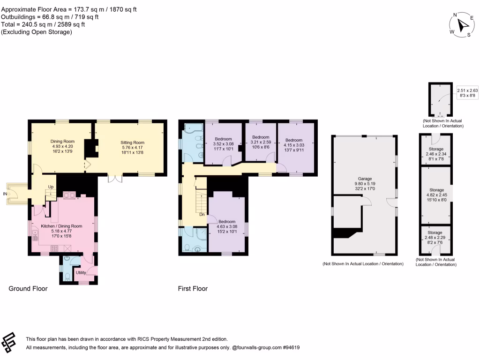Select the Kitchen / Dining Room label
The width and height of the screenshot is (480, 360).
tap(61, 226)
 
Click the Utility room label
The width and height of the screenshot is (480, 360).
tap(81, 272)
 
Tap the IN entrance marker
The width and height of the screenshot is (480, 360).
tap(5, 193)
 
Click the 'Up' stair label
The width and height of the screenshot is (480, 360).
tap(51, 187)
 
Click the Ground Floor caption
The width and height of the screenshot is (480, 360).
tap(28, 289)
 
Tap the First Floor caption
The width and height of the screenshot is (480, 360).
tap(193, 289)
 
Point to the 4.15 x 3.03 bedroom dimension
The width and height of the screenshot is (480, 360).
tap(294, 145)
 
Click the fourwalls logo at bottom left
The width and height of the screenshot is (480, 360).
tap(11, 343)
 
